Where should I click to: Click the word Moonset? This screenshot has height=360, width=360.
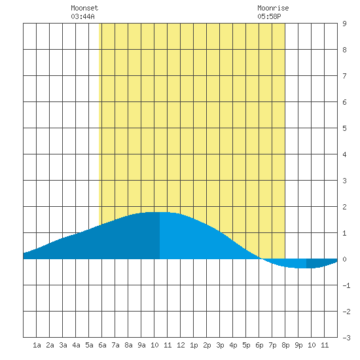point(84,8)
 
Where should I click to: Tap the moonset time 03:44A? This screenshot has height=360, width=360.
point(82,16)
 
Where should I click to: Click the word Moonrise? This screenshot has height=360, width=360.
point(273,8)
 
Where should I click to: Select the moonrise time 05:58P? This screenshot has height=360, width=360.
point(269,16)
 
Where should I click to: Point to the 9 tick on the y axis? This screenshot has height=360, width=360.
point(344,24)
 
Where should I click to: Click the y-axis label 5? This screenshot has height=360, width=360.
point(344,128)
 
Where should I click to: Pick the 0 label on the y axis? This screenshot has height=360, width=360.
point(344,259)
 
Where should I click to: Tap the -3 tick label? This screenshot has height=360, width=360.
point(346,338)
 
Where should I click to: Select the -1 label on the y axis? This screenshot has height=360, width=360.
point(346,285)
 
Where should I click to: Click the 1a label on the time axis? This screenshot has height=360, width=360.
point(37,345)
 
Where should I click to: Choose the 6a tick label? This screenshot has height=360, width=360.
point(102,345)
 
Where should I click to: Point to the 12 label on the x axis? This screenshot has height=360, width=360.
point(181,345)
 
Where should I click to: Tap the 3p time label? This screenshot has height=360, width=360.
point(220,345)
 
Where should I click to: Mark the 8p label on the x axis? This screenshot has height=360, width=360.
point(285,345)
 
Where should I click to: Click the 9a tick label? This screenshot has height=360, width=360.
point(141,345)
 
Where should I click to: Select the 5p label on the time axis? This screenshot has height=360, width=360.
point(246,345)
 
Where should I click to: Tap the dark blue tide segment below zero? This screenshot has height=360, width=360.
point(320,263)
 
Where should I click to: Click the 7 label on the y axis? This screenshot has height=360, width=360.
point(344,76)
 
